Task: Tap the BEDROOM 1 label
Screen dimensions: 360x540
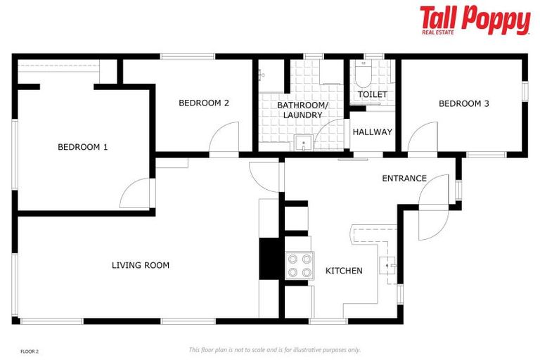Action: [82, 147]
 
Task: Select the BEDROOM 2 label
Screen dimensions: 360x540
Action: [204, 103]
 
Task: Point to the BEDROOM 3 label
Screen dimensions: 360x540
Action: [463, 104]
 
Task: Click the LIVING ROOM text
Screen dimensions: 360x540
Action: [141, 265]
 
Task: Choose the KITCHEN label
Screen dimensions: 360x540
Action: [344, 271]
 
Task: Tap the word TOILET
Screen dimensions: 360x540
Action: [372, 94]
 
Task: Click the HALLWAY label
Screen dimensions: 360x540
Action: [372, 132]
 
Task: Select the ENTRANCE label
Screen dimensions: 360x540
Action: [404, 179]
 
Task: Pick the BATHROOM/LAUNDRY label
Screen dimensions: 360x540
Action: [302, 110]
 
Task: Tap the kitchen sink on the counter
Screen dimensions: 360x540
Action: [388, 265]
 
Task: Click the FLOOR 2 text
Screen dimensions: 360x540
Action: [30, 350]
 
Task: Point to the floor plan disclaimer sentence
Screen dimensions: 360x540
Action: [274, 349]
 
